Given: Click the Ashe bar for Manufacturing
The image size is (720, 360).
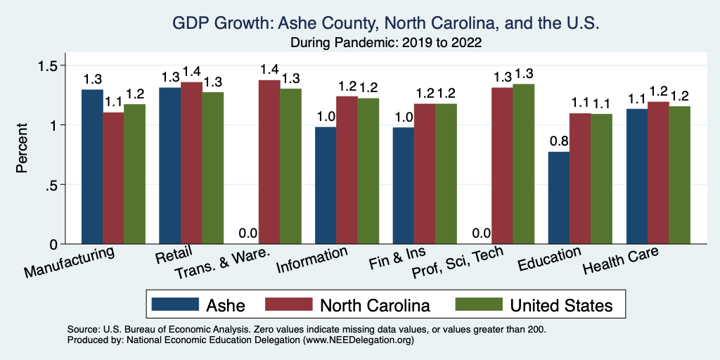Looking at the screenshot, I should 92,167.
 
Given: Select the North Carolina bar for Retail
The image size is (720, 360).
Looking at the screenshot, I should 191,163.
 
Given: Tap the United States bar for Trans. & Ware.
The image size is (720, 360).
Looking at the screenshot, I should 290,166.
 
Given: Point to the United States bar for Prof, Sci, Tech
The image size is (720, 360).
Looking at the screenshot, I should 523,164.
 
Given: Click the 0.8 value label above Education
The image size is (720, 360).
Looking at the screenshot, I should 559,140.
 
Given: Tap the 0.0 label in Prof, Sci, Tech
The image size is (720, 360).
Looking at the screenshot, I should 481,233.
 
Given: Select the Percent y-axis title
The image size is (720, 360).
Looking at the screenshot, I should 23,149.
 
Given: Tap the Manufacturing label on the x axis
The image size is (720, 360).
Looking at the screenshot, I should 69,262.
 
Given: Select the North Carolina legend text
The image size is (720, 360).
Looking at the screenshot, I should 374,305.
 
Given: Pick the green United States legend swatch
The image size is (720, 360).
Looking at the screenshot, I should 478,304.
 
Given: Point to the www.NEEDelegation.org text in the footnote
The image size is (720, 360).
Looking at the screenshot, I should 358,340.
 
